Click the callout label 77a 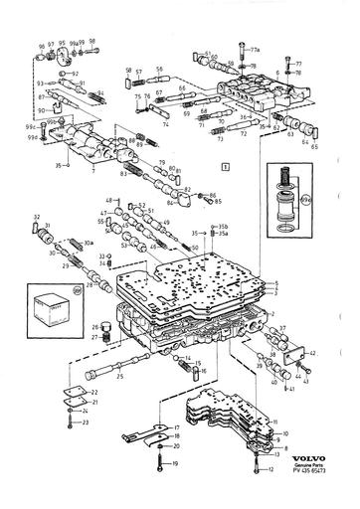[254, 49]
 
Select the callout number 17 [176, 427]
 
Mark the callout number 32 [37, 216]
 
